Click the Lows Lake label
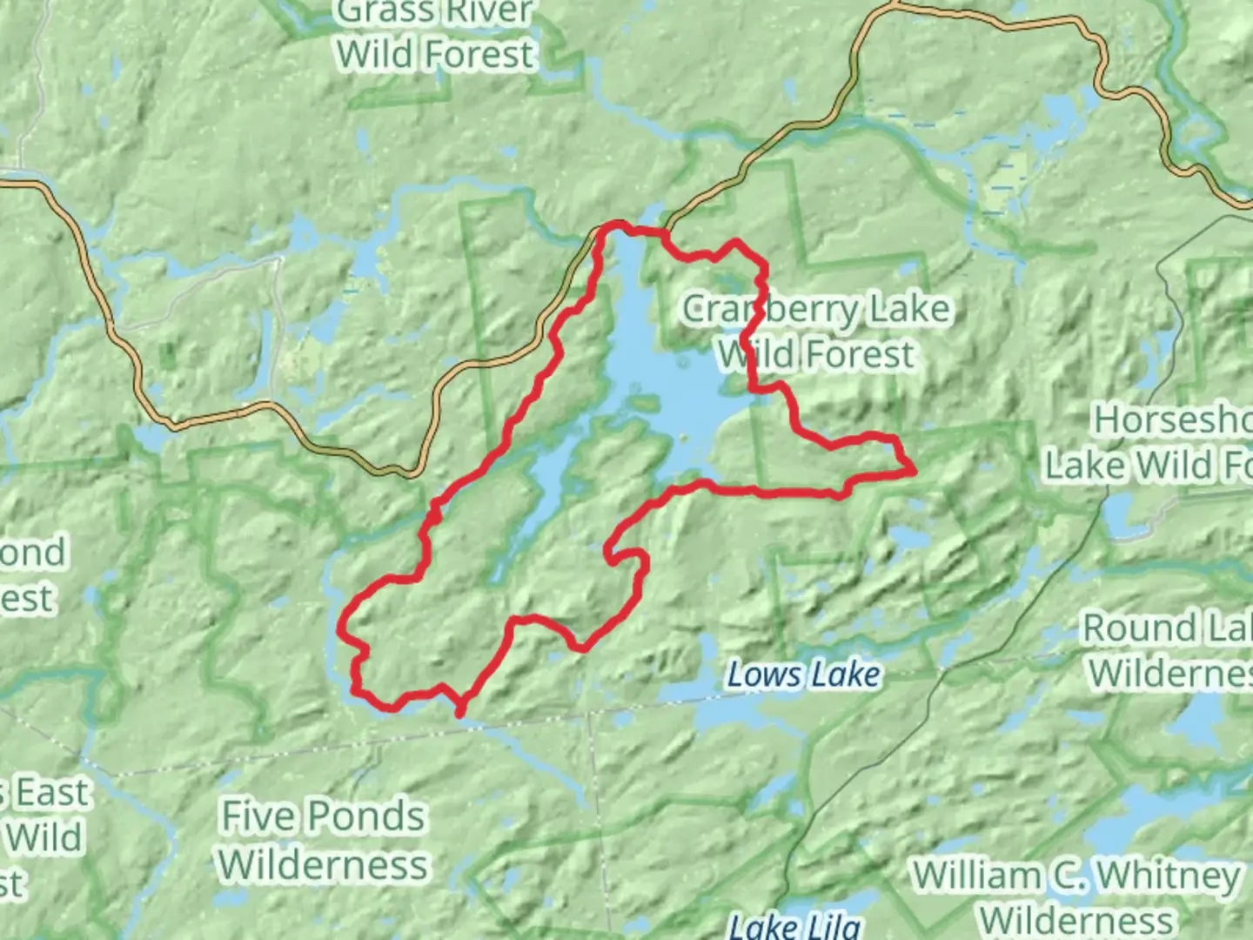coord(802,675)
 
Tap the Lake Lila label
coord(794,926)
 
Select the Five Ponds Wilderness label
coord(323,841)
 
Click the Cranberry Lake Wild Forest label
coord(815,332)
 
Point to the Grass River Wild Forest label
coord(435,35)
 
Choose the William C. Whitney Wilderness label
coord(1077,897)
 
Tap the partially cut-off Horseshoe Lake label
coord(1149,442)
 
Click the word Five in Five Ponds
coord(258,816)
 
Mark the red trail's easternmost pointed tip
coord(914,471)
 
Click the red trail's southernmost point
coord(459,715)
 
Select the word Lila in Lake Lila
coord(830,926)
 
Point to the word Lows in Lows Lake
coord(760,675)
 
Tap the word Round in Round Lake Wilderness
coord(1131,628)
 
